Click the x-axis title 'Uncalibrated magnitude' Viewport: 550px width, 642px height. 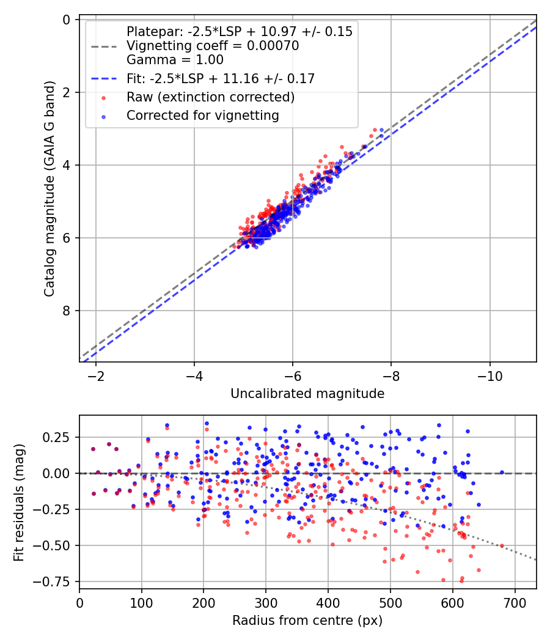pyautogui.click(x=307, y=394)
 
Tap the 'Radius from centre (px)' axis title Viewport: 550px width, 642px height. pyautogui.click(x=307, y=621)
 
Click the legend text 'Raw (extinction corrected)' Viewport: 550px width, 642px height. pyautogui.click(x=210, y=97)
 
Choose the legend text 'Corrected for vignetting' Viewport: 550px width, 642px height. pyautogui.click(x=202, y=115)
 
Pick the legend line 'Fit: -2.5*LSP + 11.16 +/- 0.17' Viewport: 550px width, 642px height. pyautogui.click(x=221, y=79)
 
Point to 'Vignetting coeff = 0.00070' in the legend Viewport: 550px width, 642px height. pyautogui.click(x=213, y=46)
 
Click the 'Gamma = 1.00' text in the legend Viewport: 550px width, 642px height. pyautogui.click(x=175, y=60)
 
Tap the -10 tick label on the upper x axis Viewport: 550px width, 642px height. pyautogui.click(x=490, y=374)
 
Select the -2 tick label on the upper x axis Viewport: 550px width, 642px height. pyautogui.click(x=95, y=374)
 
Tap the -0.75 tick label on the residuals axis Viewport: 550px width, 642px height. pyautogui.click(x=54, y=581)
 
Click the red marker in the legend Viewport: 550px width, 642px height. pyautogui.click(x=104, y=97)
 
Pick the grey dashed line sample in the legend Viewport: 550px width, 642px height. pyautogui.click(x=104, y=46)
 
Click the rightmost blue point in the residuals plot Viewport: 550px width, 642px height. pyautogui.click(x=502, y=472)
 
